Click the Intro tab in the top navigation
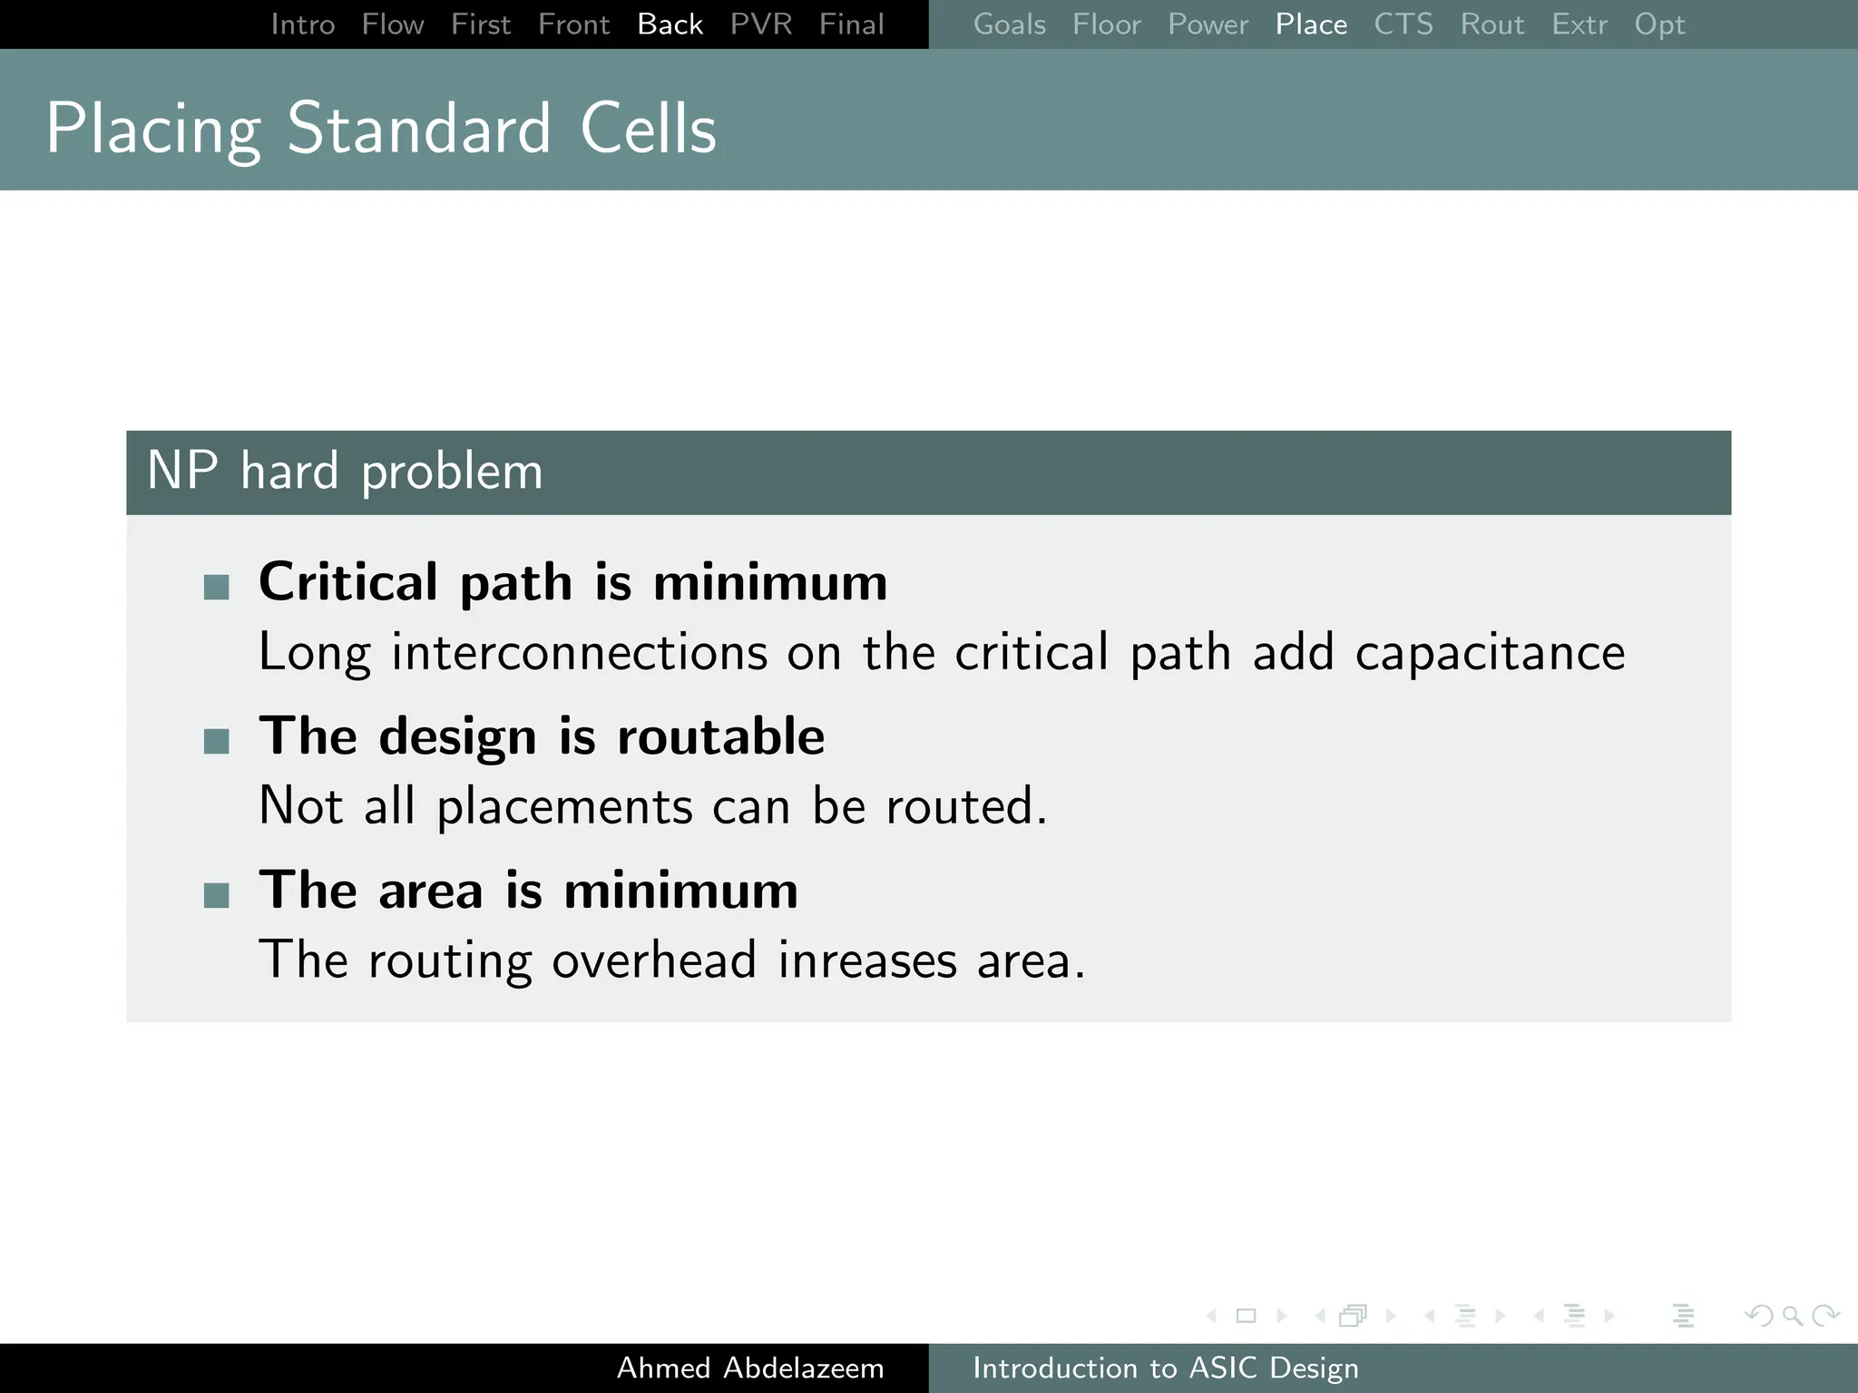(302, 24)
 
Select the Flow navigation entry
(392, 24)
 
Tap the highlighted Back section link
(670, 24)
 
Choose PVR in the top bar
(760, 24)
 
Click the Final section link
(851, 24)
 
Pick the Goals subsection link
(1009, 24)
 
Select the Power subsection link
(1208, 24)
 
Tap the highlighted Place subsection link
(1311, 24)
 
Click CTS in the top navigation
(1403, 24)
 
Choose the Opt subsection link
(1659, 24)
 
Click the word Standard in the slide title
(418, 129)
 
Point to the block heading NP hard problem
(345, 472)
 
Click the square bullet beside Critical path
(217, 587)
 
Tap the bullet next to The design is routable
(217, 741)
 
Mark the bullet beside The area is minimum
(217, 895)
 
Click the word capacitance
(1490, 653)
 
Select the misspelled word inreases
(867, 960)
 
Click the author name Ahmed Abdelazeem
(750, 1368)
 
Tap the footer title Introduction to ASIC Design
(1165, 1368)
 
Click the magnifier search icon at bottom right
(1792, 1315)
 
